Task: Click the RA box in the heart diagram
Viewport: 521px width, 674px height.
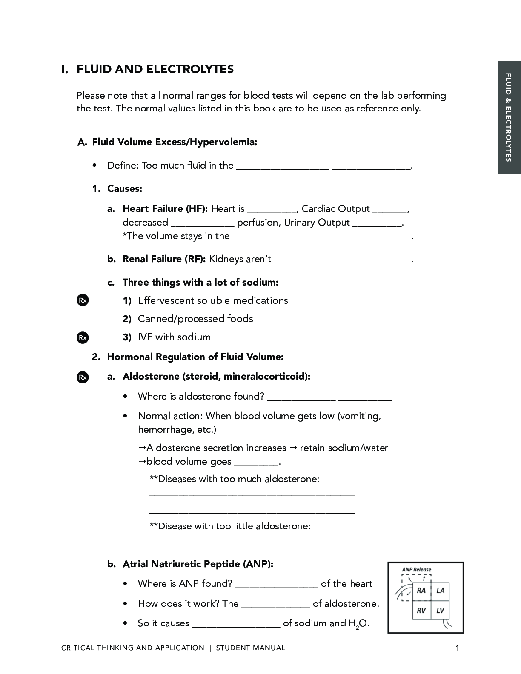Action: coord(421,591)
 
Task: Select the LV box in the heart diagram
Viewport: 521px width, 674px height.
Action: coord(440,611)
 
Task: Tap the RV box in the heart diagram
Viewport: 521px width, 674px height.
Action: coord(421,611)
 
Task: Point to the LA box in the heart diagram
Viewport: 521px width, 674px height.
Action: coord(440,591)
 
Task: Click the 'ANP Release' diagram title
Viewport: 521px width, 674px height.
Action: coord(416,570)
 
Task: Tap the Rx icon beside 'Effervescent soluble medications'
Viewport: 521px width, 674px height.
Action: coord(83,300)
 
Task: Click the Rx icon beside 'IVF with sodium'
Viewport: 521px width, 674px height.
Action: coord(83,337)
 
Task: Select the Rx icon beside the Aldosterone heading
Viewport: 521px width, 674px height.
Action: coord(83,377)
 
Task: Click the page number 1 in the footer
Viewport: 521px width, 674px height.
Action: coord(457,648)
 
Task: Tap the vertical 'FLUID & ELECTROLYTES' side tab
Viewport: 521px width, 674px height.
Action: coord(509,118)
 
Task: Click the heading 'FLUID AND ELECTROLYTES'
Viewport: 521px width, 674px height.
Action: coord(155,69)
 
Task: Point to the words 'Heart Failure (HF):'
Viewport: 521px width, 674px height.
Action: coord(165,209)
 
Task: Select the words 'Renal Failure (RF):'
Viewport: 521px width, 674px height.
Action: coord(164,259)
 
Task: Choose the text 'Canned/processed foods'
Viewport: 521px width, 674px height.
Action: coord(195,319)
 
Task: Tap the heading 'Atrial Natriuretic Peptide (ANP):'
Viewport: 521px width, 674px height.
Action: coord(198,564)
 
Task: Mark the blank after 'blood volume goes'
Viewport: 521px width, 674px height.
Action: coord(257,463)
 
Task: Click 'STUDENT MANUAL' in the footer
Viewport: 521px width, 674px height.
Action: coord(250,648)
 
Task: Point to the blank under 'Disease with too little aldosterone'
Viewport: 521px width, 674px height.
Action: coord(252,541)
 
